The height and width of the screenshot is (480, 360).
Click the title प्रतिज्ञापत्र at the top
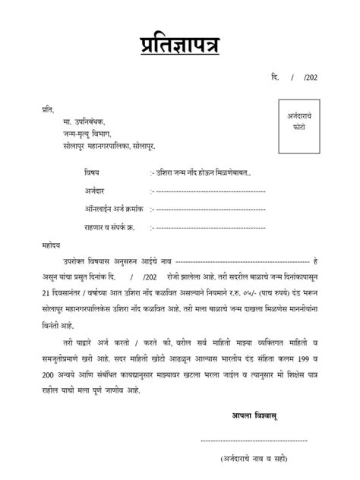coord(179,43)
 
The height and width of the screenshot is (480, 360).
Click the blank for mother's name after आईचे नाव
coord(243,261)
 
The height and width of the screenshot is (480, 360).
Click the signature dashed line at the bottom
coord(254,441)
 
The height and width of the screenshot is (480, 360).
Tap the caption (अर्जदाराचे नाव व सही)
coord(254,460)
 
